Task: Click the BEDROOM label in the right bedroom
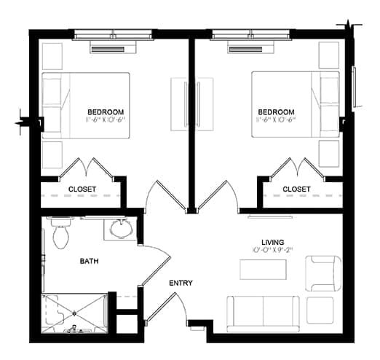(276, 111)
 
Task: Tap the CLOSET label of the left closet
(82, 189)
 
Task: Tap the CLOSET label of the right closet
(296, 189)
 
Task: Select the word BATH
(90, 261)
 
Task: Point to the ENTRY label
(181, 283)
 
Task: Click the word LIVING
(272, 242)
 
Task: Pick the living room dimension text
(272, 251)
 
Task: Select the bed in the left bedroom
(85, 105)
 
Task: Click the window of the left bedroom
(114, 34)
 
